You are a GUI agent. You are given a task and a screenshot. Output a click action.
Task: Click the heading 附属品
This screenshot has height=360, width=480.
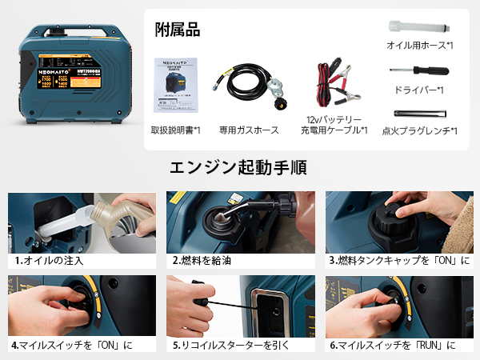178,30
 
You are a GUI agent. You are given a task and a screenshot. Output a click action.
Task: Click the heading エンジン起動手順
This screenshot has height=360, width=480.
239,168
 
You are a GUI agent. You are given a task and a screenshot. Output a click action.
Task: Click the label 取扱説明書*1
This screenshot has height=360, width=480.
175,130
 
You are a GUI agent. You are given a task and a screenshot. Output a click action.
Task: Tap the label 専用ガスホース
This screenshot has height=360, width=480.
249,130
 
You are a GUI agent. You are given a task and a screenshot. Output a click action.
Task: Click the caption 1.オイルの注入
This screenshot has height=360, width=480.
50,260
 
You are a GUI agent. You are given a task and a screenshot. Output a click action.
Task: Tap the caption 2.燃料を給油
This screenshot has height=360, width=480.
205,260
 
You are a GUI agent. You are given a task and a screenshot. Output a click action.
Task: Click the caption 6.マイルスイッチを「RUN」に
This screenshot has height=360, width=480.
392,345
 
